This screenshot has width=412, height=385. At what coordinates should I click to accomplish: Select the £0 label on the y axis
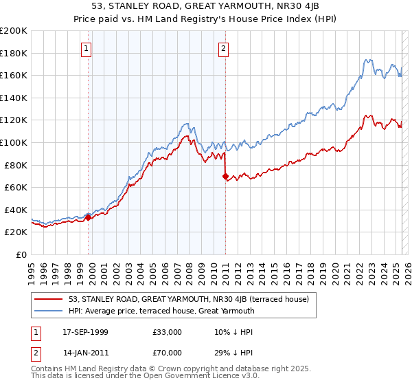tap(21, 254)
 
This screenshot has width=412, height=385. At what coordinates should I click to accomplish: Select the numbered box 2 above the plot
tap(225, 48)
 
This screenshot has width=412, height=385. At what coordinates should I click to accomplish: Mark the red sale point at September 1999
tap(89, 217)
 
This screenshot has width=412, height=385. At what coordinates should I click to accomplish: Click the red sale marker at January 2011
tap(225, 176)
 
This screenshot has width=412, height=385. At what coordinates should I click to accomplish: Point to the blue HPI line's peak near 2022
tap(369, 60)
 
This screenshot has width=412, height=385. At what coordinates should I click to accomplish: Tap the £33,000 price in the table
tap(168, 332)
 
